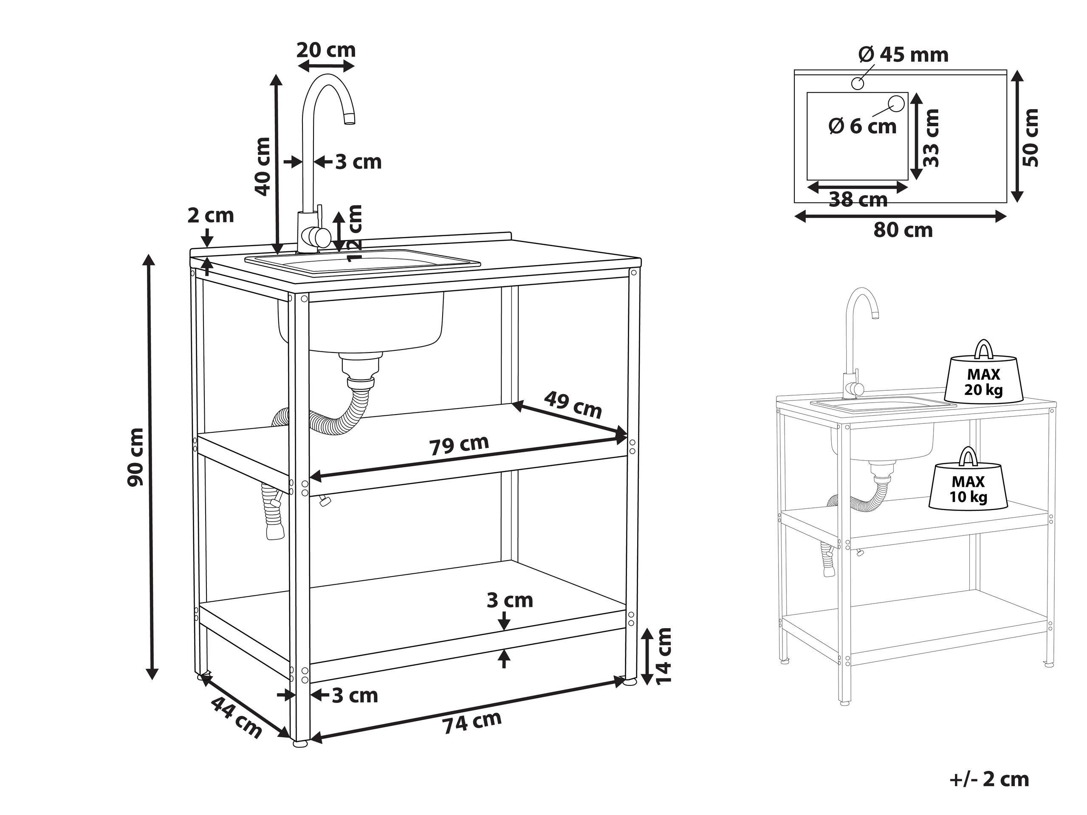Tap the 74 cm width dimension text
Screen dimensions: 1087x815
(x=472, y=722)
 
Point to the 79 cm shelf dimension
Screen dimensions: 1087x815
(x=460, y=445)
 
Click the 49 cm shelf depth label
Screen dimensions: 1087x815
(x=573, y=404)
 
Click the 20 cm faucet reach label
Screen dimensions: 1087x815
(x=326, y=50)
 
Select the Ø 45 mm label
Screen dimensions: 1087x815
(x=903, y=54)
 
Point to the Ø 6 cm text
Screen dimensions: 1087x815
(x=862, y=126)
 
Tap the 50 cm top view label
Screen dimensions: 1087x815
(x=1031, y=137)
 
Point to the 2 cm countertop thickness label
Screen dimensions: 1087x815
(x=210, y=215)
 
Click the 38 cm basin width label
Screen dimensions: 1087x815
(x=858, y=200)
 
